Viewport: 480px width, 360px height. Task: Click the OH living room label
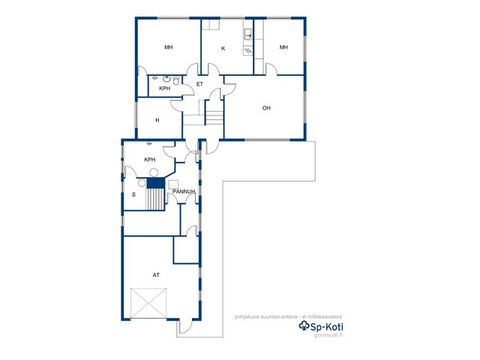266,108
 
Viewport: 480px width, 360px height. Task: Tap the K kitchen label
223,48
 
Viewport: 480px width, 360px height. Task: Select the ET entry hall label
199,84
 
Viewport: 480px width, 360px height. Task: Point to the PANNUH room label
184,192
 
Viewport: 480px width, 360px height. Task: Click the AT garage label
156,275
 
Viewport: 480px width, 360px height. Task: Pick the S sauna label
133,194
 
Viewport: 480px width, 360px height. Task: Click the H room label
157,120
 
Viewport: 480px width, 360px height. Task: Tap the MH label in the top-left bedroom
168,47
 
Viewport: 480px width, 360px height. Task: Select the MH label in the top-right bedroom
283,47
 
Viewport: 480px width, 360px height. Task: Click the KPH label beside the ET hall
165,88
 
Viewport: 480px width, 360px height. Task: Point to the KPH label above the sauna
150,160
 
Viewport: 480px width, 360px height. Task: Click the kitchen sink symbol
248,34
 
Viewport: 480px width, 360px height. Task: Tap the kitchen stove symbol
247,51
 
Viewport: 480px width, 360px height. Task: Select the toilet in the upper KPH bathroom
176,80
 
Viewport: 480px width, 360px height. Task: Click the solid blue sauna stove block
156,183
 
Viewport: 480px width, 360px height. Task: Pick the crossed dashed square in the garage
148,303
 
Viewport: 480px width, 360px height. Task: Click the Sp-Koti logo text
322,327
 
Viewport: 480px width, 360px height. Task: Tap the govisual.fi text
328,334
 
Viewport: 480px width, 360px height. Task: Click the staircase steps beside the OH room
214,118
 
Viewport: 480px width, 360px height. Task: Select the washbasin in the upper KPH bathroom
166,79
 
